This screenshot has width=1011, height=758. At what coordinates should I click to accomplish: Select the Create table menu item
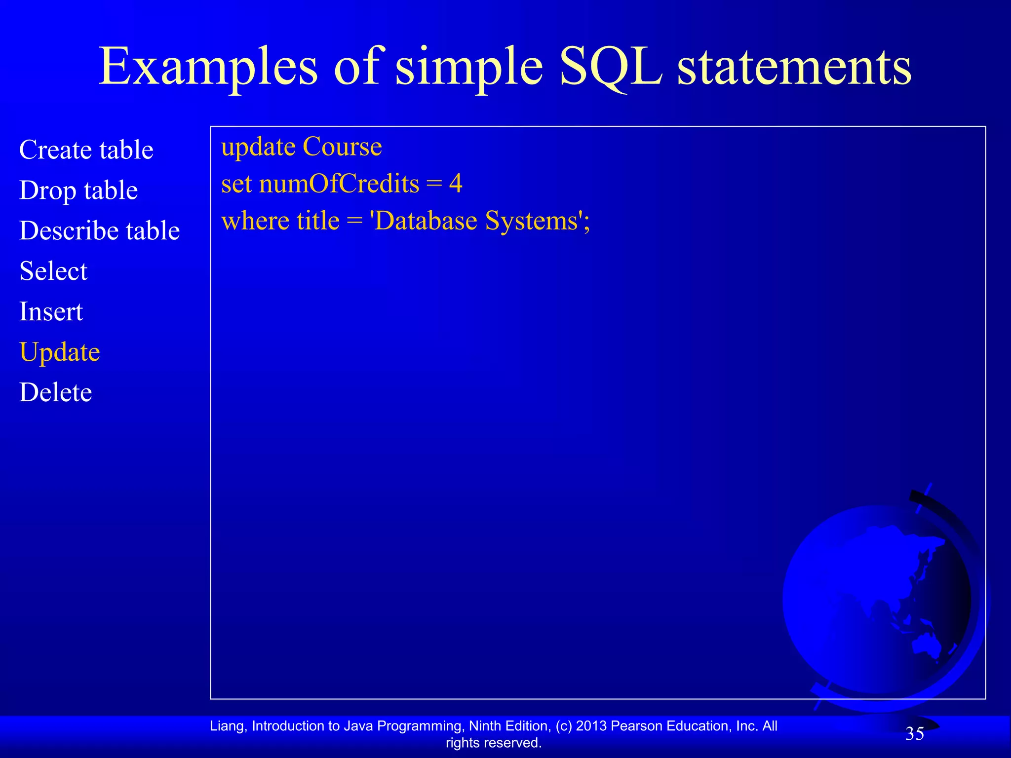[86, 150]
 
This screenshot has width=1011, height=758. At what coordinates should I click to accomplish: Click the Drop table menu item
[78, 190]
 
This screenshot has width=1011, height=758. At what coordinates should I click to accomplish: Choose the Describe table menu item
[99, 230]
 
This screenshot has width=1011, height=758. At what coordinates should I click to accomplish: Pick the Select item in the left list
[53, 271]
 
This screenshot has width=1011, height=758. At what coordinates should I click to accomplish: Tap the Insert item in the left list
[51, 311]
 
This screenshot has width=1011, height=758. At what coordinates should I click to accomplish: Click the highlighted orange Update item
[60, 352]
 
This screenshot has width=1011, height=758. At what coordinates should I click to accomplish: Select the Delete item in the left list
[55, 392]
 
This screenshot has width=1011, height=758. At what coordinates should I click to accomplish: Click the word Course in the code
[342, 147]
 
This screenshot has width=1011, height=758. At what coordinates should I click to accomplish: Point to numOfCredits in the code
[339, 184]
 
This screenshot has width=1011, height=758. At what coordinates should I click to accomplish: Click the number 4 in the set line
[456, 184]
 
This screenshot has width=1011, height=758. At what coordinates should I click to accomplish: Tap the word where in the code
[255, 221]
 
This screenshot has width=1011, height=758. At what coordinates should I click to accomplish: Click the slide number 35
[914, 734]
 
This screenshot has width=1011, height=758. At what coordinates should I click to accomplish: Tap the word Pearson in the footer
[637, 726]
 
